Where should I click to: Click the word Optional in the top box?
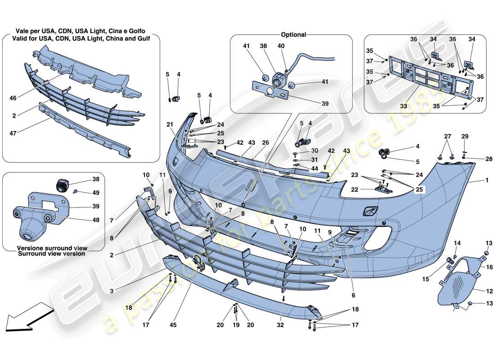[x=293, y=35]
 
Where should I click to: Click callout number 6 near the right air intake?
[x=353, y=296]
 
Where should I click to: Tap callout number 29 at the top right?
[x=465, y=136]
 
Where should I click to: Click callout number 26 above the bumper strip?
[x=265, y=143]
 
